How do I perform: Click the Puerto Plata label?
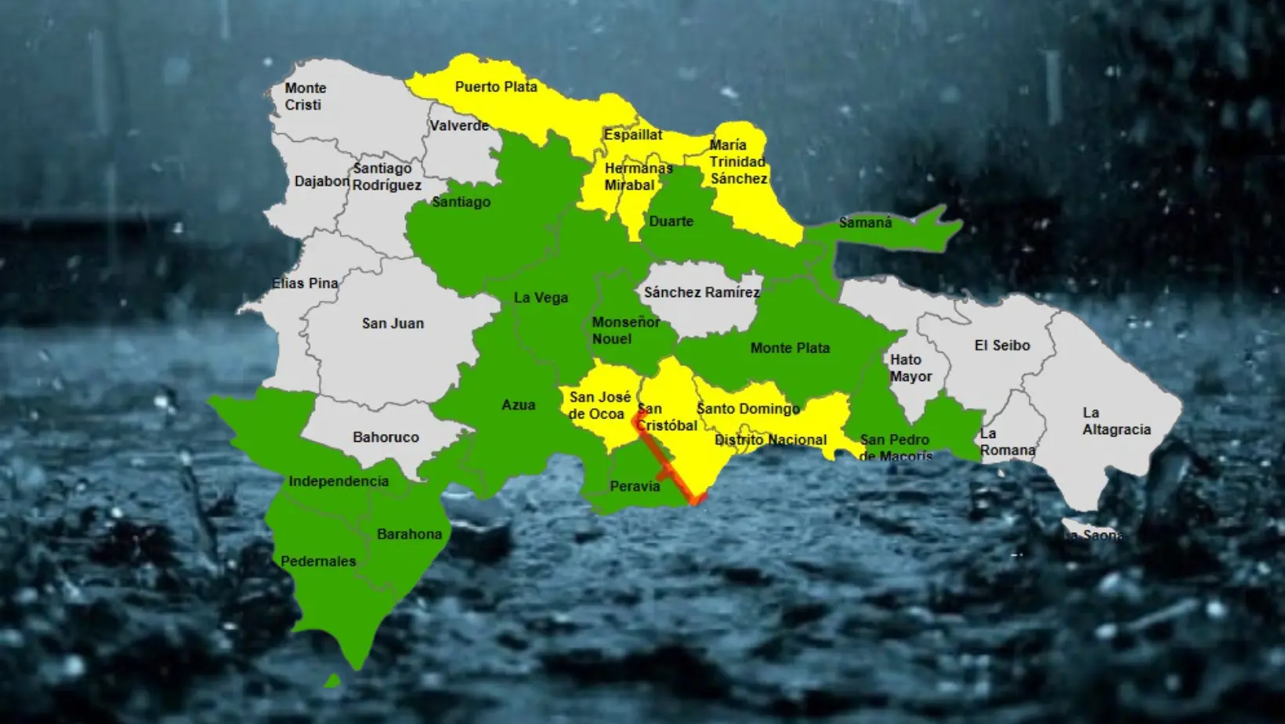(496, 87)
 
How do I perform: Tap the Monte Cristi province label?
(304, 96)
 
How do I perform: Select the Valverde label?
(458, 125)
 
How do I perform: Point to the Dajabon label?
(321, 181)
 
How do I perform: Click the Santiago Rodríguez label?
(386, 176)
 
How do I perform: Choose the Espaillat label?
(633, 135)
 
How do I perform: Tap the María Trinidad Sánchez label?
(738, 161)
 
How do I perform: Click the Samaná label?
(865, 223)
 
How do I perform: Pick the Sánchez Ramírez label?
(701, 292)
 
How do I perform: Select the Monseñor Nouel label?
(625, 330)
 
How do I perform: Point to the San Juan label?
(393, 323)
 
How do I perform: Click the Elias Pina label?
(305, 283)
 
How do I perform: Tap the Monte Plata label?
(790, 348)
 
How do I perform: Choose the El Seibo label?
(1002, 345)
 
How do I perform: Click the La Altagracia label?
(1116, 421)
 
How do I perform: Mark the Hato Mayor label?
(910, 367)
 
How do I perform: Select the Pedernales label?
(318, 561)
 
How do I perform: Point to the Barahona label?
(409, 534)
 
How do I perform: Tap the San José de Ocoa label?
(599, 405)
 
